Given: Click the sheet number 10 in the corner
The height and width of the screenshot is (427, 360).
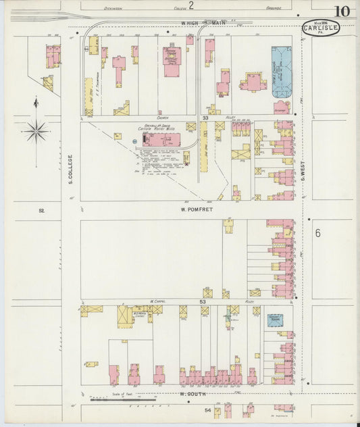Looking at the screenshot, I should tap(341, 11).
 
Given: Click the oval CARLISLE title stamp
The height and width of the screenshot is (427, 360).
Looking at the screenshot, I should tap(320, 28).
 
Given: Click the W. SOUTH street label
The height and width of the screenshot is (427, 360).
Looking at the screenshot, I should tap(192, 393).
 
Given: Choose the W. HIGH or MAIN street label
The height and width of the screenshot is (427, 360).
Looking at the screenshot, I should tap(203, 22).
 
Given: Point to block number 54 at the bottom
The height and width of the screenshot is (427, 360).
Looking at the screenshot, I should tap(208, 410).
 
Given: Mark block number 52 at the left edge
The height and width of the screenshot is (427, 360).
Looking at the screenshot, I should tap(41, 211).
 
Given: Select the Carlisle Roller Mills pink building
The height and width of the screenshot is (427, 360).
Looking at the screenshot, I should tap(162, 139).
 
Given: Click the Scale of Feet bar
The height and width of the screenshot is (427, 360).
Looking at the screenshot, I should tap(123, 399).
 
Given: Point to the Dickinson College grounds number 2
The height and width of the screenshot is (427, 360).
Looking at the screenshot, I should tap(191, 6).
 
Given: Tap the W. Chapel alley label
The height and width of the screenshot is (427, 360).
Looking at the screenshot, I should tap(158, 302).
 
